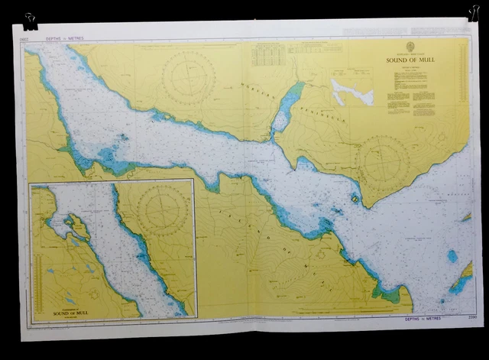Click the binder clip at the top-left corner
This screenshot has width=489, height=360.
point(30,21)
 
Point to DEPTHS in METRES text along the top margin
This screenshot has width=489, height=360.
point(60,37)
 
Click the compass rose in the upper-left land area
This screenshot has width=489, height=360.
point(188,78)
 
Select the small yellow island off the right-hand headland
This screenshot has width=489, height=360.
point(355,198)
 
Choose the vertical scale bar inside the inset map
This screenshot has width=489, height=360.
point(192,248)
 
